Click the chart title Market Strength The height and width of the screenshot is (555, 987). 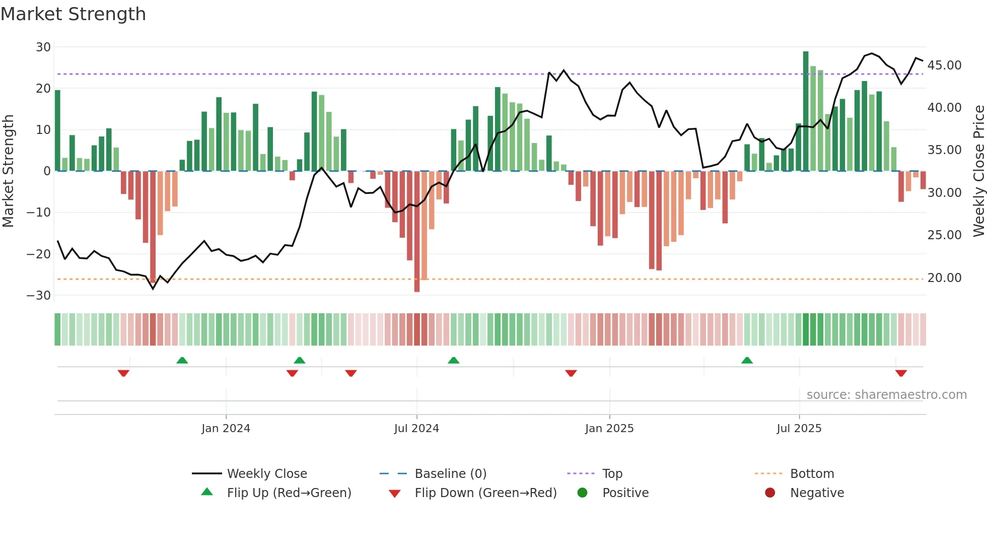(x=73, y=14)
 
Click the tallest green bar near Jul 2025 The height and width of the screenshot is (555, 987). (x=806, y=111)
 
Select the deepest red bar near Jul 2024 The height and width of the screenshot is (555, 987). (x=417, y=232)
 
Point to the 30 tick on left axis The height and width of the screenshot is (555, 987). (x=43, y=47)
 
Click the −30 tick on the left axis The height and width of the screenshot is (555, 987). (x=39, y=296)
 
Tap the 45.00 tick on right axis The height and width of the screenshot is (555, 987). (x=944, y=65)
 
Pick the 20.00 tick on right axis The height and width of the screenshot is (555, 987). (x=944, y=278)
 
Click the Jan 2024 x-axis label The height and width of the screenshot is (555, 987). (x=226, y=429)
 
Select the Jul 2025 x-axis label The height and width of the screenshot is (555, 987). (x=799, y=429)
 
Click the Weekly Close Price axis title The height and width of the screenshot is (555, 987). (x=978, y=171)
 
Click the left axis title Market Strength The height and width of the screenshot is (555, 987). (x=8, y=171)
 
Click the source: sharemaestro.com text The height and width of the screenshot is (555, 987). (x=886, y=395)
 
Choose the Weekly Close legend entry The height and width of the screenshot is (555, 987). (x=266, y=474)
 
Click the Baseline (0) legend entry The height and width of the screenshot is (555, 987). (x=450, y=474)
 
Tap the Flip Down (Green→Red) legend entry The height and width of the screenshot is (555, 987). (x=485, y=493)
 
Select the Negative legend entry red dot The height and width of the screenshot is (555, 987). (x=769, y=493)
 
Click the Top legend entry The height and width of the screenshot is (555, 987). (x=612, y=474)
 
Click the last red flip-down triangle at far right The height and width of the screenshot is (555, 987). (x=901, y=373)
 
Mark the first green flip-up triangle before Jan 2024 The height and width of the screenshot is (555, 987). (x=182, y=360)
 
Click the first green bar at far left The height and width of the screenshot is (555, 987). (x=57, y=131)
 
